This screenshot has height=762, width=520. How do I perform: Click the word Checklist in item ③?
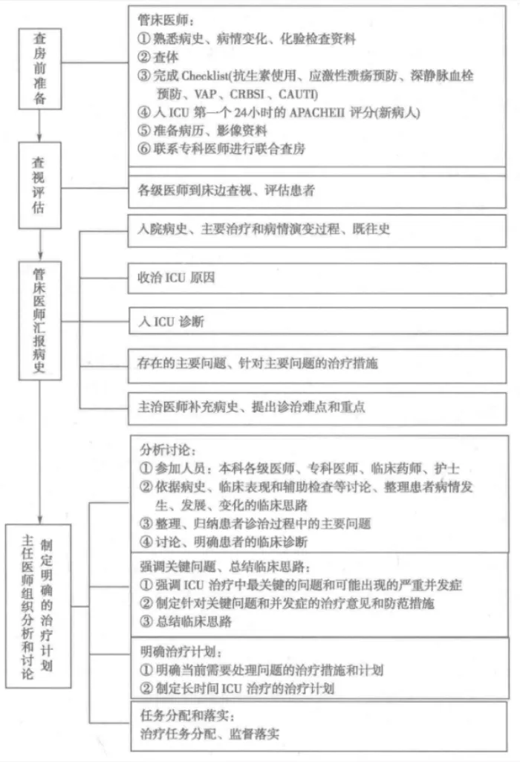[200, 76]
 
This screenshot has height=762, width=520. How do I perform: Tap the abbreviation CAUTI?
[298, 94]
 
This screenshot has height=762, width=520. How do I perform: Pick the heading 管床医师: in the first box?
[160, 20]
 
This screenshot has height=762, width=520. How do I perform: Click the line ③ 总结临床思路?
[186, 622]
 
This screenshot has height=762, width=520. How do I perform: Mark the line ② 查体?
[159, 57]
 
